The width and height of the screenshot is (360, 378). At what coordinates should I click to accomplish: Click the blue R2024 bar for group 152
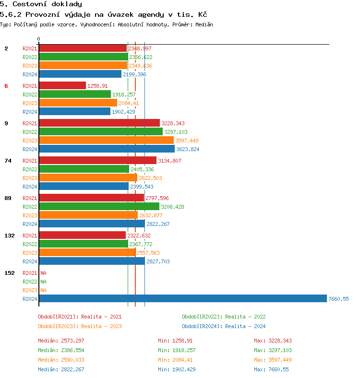[x=182, y=298]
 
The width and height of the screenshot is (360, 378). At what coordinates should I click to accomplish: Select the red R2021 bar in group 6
[x=62, y=85]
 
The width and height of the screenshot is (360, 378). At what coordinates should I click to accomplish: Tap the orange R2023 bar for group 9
[x=106, y=140]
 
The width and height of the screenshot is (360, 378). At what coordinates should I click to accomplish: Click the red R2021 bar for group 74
[x=97, y=160]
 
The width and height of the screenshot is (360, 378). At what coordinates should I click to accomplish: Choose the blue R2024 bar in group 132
[x=92, y=261]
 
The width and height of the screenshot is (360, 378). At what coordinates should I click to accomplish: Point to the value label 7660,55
[x=338, y=299]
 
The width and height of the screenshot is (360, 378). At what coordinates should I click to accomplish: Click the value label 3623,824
[x=188, y=149]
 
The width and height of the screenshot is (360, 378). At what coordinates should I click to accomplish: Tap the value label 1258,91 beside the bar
[x=97, y=86]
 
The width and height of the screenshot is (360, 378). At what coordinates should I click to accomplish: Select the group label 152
[x=10, y=273]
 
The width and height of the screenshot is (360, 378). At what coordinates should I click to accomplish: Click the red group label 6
[x=6, y=86]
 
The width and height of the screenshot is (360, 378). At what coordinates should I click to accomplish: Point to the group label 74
[x=8, y=161]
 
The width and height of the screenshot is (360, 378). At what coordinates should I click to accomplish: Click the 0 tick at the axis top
[x=39, y=39]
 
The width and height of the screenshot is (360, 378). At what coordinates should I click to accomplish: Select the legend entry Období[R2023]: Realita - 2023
[x=80, y=326]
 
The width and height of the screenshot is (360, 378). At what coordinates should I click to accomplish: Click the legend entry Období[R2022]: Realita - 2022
[x=224, y=317]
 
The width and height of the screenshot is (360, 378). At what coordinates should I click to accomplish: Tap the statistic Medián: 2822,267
[x=61, y=369]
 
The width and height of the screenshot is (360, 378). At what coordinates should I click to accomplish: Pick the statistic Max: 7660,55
[x=271, y=369]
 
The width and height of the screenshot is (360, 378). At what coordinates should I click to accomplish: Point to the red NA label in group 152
[x=43, y=273]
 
